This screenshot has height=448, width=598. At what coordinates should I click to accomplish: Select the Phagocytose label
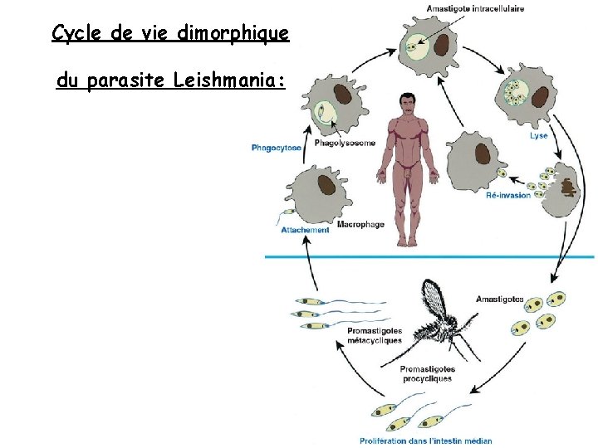(x=276, y=149)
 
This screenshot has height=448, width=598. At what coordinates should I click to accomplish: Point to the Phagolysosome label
(x=345, y=143)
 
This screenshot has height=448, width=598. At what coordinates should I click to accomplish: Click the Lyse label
(x=537, y=135)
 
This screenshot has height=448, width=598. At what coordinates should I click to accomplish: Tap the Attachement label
(x=305, y=230)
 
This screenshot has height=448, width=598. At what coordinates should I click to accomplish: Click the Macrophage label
(x=360, y=225)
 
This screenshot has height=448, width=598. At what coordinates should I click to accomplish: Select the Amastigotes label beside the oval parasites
(x=499, y=299)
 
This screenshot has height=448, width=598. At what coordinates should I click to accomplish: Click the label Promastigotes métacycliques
(x=374, y=335)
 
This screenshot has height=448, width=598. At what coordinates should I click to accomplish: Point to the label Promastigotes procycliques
(x=427, y=373)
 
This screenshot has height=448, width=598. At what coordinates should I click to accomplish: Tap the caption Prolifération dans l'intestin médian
(x=425, y=441)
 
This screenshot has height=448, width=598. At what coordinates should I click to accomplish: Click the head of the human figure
(x=406, y=105)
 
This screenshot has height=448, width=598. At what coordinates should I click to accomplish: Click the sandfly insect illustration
(x=440, y=315)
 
